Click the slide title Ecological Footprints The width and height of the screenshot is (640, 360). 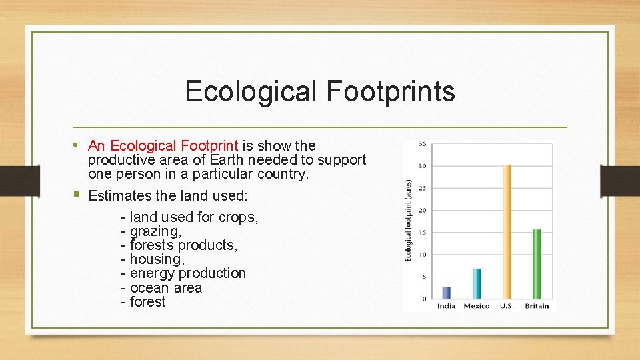(x=320, y=91)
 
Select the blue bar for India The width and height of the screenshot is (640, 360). (x=447, y=293)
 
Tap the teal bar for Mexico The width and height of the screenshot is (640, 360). (x=476, y=284)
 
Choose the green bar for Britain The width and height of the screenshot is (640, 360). (x=537, y=265)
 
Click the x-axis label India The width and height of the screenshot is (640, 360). (x=447, y=306)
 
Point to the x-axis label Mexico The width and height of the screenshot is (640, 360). (x=476, y=306)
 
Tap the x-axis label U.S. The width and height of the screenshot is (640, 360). (x=507, y=306)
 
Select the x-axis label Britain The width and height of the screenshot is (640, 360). (x=537, y=306)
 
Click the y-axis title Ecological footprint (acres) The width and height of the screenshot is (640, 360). (x=409, y=219)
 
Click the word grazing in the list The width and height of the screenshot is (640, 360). (x=155, y=231)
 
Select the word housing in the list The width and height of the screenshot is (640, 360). (x=157, y=259)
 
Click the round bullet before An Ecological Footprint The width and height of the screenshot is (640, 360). (x=79, y=145)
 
